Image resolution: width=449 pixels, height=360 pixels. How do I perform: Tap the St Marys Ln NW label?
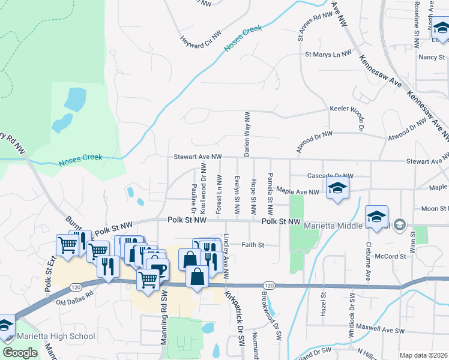point(328,55)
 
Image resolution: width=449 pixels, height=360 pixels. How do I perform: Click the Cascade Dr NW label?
point(330,176)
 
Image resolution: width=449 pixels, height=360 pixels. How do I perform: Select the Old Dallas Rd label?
point(75,294)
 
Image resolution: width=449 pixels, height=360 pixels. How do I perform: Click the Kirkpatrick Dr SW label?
point(234,314)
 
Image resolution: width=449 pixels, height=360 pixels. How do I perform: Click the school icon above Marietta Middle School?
point(376,217)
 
